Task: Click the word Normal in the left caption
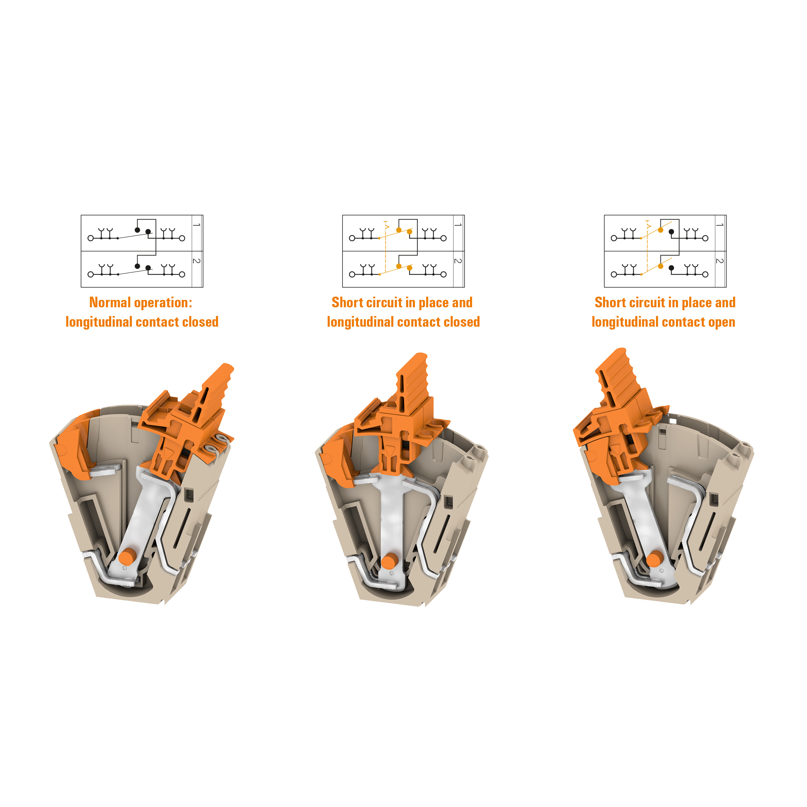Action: point(110,302)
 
